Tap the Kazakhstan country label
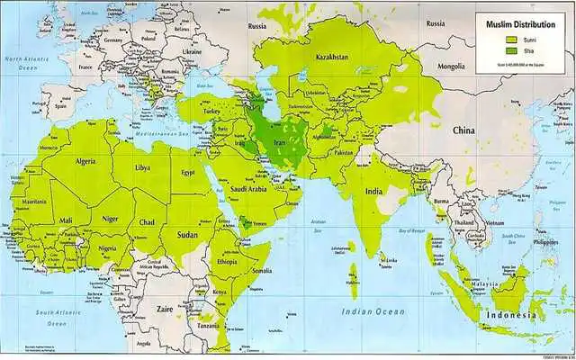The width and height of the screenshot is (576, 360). pos(330,58)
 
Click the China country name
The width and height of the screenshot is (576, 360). pos(463,131)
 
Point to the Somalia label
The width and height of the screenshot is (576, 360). pos(262,271)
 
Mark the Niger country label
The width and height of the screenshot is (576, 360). pos(110,217)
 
